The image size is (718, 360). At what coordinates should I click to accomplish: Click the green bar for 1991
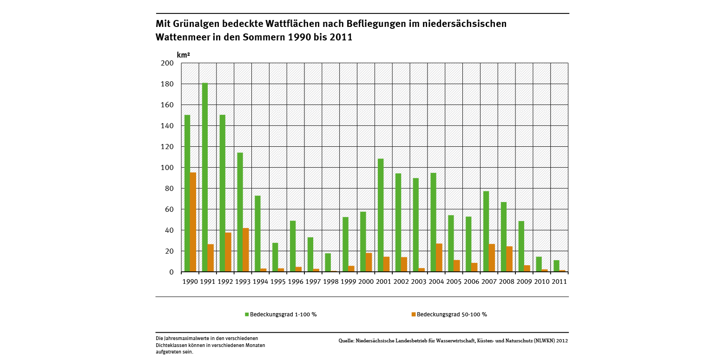tap(205, 177)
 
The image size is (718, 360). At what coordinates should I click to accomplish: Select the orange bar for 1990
tap(193, 222)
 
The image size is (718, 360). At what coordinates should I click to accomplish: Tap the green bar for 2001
tap(381, 215)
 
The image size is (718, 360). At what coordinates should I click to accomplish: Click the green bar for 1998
tap(328, 262)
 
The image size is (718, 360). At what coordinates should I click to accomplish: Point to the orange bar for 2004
tap(439, 258)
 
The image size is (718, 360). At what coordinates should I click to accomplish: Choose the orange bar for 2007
tap(492, 258)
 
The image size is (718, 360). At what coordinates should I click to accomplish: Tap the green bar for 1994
tap(257, 234)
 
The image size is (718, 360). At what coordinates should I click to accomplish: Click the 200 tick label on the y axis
tap(167, 63)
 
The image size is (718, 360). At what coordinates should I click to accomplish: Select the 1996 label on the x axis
tap(296, 281)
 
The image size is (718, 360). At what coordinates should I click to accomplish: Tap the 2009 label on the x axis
tap(524, 281)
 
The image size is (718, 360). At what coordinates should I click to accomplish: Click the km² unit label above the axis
tap(183, 55)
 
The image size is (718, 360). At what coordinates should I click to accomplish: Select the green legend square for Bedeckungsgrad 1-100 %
tap(247, 314)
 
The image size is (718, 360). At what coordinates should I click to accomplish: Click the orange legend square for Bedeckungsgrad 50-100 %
tap(413, 314)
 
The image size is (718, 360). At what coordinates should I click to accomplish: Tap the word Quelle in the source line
tap(346, 341)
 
